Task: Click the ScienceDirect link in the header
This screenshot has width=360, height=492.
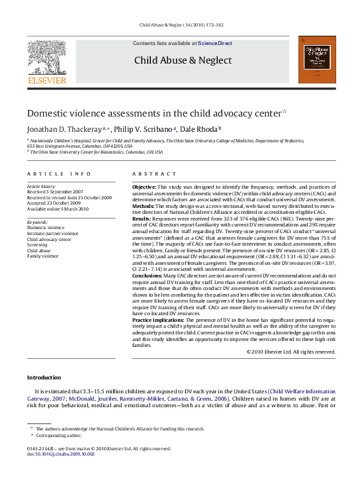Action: tap(216, 43)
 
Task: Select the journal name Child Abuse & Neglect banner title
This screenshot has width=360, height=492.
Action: tap(183, 60)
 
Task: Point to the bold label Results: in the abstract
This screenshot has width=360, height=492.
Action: tap(144, 217)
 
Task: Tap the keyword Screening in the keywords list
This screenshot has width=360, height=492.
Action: tap(38, 245)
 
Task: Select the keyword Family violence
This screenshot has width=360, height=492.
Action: tap(44, 256)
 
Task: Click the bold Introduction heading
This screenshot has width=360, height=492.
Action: tap(44, 377)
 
